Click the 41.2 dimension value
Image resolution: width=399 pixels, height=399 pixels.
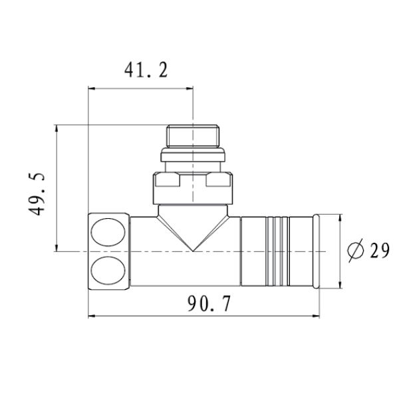[146, 70]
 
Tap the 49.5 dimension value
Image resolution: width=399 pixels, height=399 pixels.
[37, 194]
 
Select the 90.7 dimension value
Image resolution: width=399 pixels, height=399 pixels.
[209, 304]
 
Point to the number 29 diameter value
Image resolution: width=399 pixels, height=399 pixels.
[380, 251]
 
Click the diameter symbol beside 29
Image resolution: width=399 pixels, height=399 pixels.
[356, 251]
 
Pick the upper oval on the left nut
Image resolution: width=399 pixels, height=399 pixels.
[108, 232]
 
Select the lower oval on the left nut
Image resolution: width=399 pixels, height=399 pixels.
[108, 271]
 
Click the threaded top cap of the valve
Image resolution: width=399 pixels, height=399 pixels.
[193, 136]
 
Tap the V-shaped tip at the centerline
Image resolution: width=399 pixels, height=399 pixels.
[193, 251]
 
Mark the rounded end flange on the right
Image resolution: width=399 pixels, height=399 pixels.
[316, 251]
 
